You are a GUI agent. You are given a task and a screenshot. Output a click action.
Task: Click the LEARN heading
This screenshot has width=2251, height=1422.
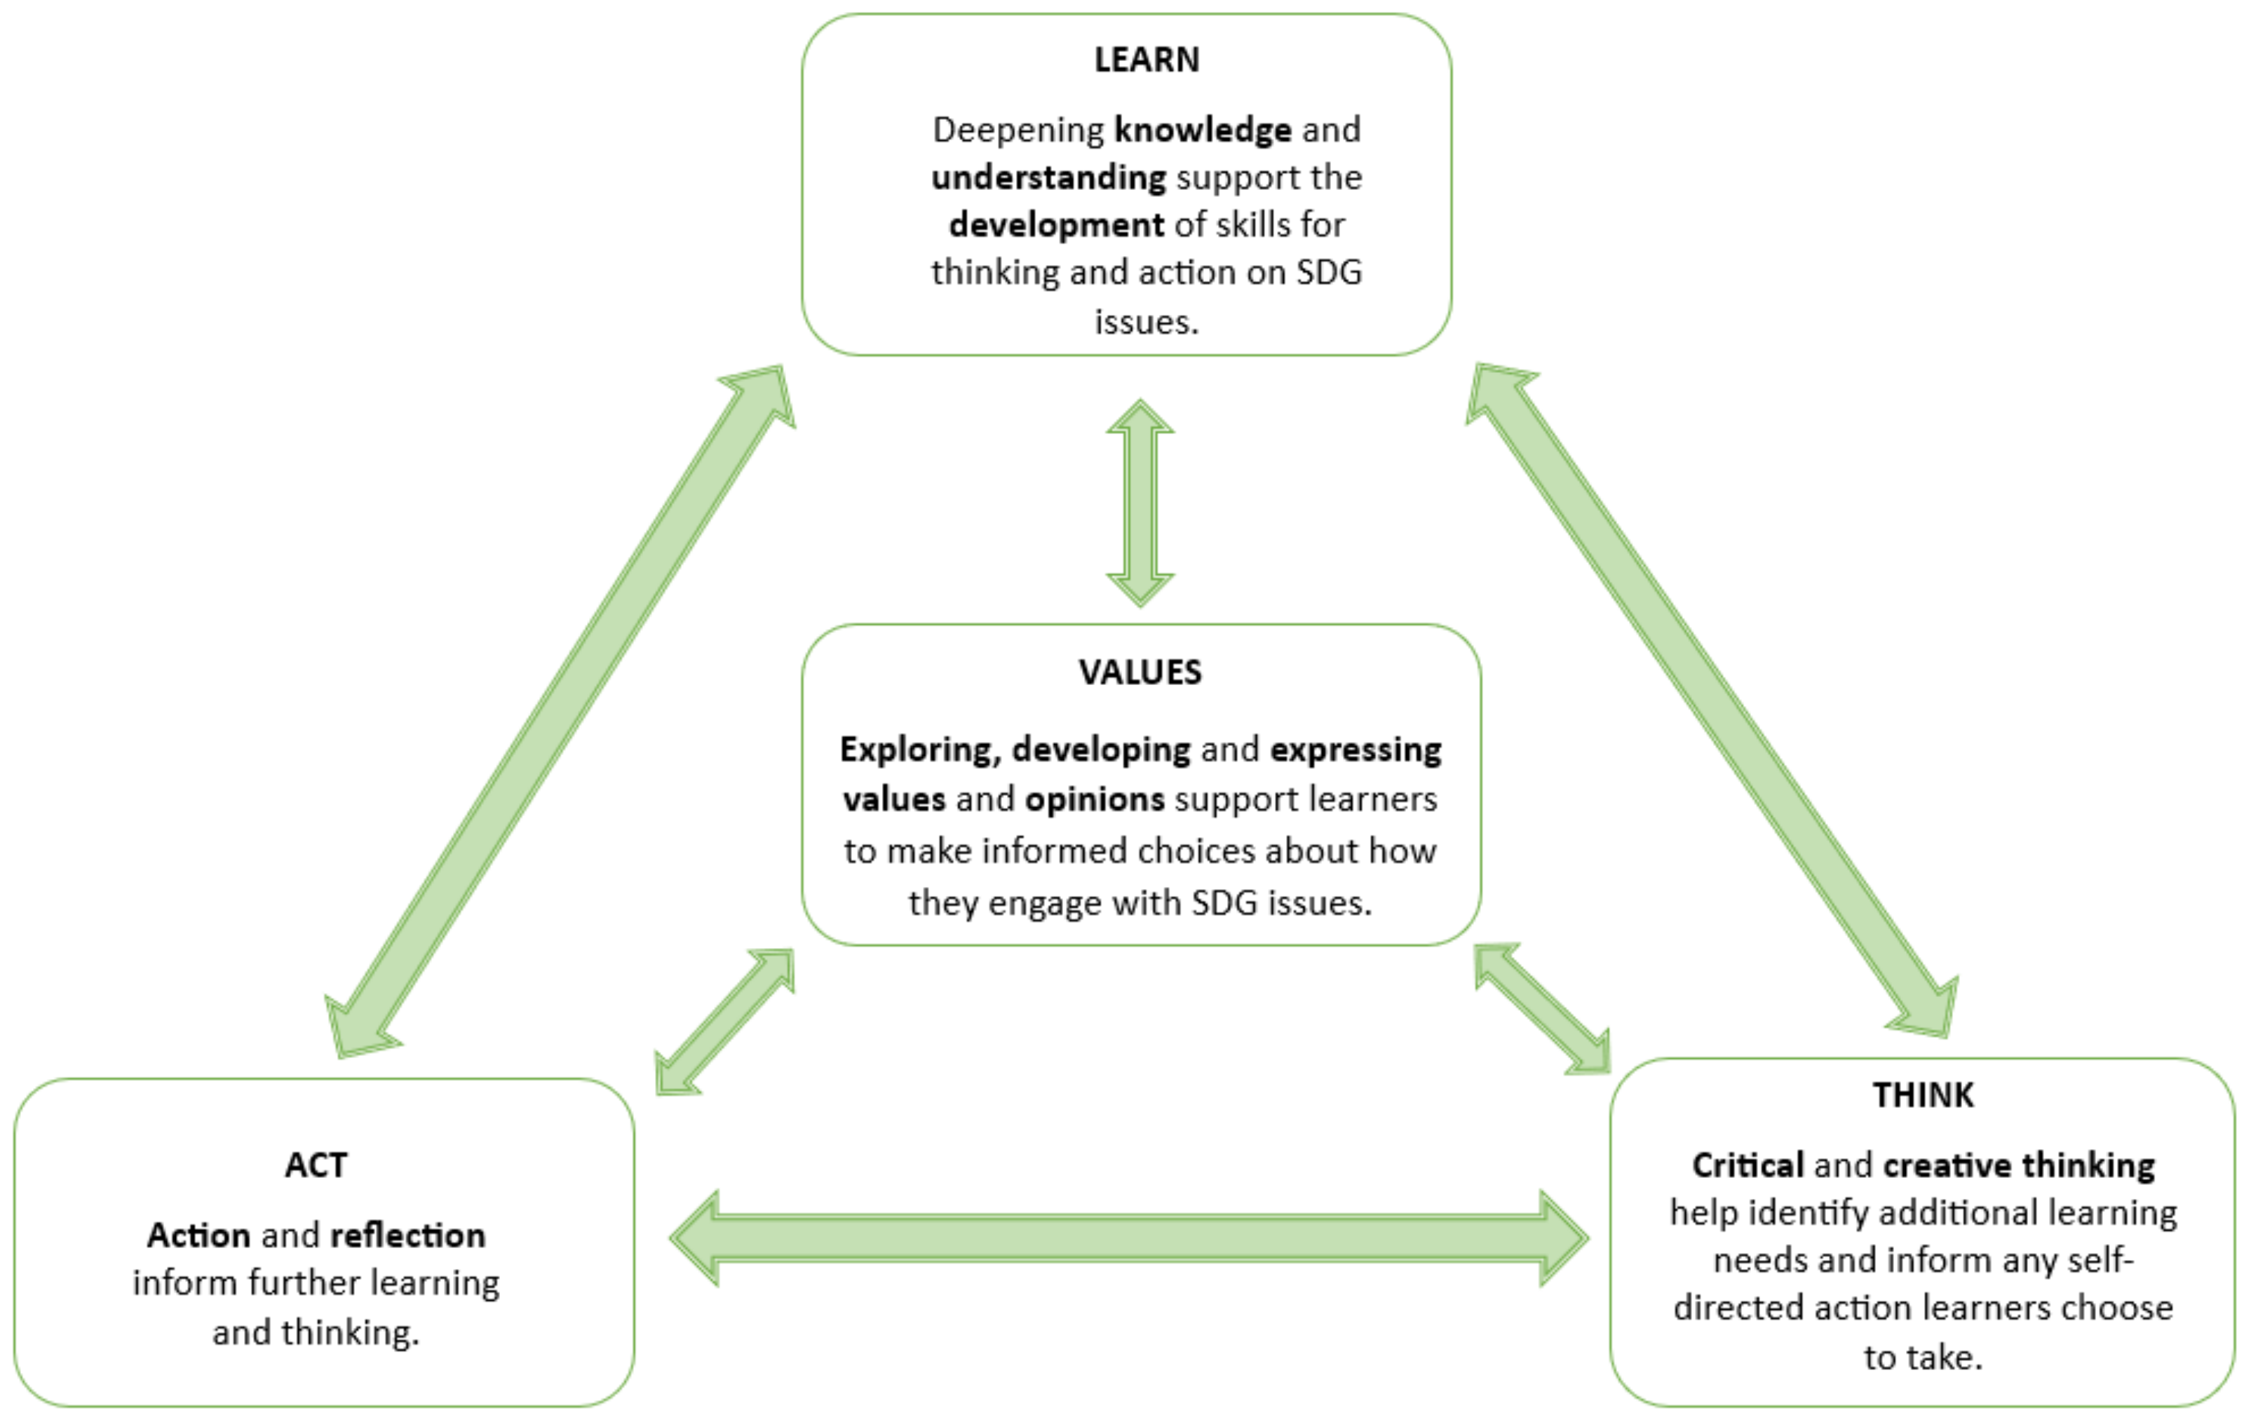[1146, 60]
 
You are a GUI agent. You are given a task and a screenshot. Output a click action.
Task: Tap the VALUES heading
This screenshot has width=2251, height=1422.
[1140, 672]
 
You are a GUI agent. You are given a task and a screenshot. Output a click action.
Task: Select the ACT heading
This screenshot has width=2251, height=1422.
[316, 1165]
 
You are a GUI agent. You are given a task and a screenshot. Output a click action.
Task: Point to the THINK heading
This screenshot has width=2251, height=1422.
[1923, 1095]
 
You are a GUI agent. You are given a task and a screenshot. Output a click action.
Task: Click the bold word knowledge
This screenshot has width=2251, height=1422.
[1203, 130]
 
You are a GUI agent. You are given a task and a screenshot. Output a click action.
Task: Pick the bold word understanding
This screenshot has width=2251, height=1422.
[1048, 177]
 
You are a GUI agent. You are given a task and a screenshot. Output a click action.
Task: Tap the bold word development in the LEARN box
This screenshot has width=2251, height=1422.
[1055, 225]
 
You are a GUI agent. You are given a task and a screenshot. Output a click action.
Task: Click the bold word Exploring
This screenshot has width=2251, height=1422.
[920, 750]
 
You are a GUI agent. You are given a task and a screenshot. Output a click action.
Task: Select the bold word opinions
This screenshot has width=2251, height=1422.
[1094, 800]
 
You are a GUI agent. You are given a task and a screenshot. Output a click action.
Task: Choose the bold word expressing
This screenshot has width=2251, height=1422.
[1356, 750]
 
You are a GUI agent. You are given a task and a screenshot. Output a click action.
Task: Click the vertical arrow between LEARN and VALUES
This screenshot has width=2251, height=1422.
[1140, 503]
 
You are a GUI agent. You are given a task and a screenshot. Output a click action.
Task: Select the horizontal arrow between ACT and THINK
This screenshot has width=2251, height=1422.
[1128, 1238]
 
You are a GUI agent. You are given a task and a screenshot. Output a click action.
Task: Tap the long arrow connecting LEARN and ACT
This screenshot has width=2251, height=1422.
[561, 710]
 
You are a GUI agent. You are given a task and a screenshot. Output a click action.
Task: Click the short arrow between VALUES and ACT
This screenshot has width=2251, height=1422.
[724, 1022]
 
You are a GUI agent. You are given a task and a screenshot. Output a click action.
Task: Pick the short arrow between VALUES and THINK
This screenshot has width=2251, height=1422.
[1543, 1009]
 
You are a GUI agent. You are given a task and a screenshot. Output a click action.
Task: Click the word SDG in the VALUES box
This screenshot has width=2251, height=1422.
[1224, 903]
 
